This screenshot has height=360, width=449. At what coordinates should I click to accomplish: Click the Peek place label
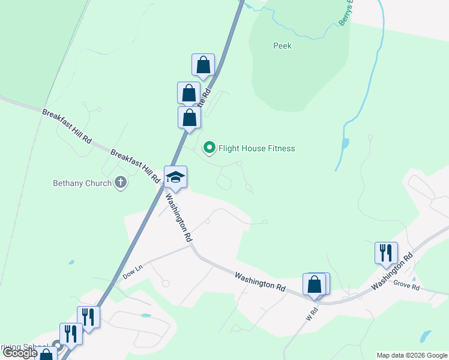tap(282, 46)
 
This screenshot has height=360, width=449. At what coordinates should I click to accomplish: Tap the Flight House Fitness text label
tap(257, 148)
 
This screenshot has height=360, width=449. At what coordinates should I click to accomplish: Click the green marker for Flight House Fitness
tap(209, 147)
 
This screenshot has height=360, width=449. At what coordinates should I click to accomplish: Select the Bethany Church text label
tap(82, 183)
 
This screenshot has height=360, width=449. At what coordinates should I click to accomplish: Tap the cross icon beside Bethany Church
tap(121, 183)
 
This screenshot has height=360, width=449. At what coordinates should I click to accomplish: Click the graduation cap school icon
tap(175, 177)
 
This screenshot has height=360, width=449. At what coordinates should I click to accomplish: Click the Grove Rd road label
tap(406, 287)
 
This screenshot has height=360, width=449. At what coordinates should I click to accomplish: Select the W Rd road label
tap(312, 313)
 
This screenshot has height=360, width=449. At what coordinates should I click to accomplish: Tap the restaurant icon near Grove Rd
tap(385, 253)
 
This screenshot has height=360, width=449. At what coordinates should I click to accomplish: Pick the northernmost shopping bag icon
tap(203, 65)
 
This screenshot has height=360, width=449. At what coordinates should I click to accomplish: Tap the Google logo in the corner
tap(20, 353)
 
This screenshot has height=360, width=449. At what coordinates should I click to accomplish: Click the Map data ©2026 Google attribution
tap(411, 355)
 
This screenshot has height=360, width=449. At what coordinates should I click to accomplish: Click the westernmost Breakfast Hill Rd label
tap(67, 125)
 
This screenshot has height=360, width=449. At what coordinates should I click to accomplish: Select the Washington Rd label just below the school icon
tap(179, 216)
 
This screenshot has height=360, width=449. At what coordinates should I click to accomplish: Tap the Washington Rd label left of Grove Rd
tap(260, 282)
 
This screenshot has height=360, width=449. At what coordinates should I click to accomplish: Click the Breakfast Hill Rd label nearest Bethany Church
tap(135, 166)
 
